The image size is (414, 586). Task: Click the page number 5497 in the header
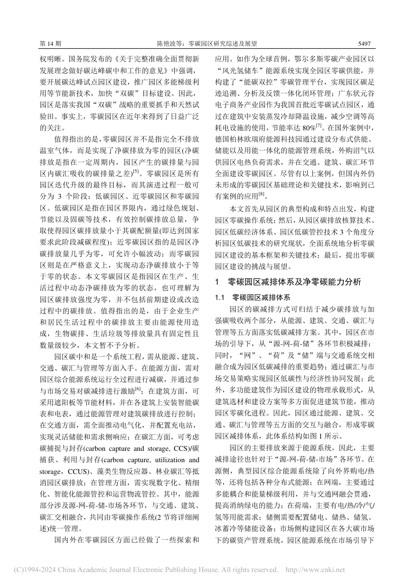364,44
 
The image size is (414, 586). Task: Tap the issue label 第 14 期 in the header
50,44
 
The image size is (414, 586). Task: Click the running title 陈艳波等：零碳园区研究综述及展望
207,44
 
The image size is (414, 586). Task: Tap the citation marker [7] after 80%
319,126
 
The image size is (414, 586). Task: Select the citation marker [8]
261,193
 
